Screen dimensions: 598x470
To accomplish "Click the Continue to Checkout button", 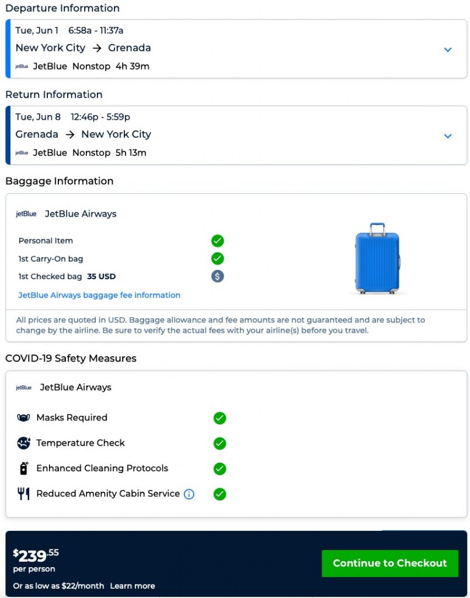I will tap(389, 563).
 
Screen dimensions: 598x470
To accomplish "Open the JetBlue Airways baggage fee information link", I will tap(99, 295).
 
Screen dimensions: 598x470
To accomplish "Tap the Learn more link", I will tap(133, 586).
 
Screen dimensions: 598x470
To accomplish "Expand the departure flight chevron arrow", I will tap(448, 50).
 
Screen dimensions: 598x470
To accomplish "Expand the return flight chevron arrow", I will tap(448, 136).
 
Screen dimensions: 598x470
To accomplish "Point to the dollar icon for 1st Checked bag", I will tap(218, 276).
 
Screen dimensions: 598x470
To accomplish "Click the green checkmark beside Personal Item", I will tap(218, 241).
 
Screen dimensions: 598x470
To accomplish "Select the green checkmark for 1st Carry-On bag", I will tap(218, 258).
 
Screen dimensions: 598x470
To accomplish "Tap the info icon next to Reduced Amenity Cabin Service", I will tap(189, 494).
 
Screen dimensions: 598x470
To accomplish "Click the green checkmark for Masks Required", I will tap(220, 418).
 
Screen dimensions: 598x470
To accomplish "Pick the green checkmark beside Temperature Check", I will tap(220, 443).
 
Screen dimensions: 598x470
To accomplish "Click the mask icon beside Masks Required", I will tap(23, 418).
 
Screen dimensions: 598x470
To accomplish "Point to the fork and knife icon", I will tap(23, 494).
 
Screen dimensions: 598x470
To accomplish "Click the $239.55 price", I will tap(36, 555).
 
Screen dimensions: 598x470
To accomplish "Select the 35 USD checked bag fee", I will tap(102, 276).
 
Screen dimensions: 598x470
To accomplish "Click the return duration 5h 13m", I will tap(131, 152).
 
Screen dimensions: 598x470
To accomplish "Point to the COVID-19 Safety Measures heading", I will tap(71, 358).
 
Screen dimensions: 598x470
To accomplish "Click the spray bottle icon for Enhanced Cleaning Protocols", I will tap(24, 468).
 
